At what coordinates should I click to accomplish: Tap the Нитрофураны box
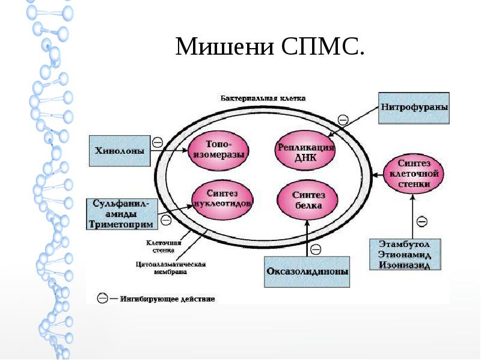pyautogui.click(x=414, y=109)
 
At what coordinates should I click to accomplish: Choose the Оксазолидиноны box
pyautogui.click(x=307, y=272)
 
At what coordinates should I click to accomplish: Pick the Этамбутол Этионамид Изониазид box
pyautogui.click(x=405, y=254)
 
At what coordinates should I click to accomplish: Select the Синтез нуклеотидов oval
pyautogui.click(x=222, y=199)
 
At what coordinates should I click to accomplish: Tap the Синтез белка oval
pyautogui.click(x=307, y=200)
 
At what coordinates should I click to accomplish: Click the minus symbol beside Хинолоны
pyautogui.click(x=158, y=142)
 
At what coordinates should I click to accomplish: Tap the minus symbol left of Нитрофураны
pyautogui.click(x=343, y=120)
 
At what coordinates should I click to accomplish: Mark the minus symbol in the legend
pyautogui.click(x=103, y=297)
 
